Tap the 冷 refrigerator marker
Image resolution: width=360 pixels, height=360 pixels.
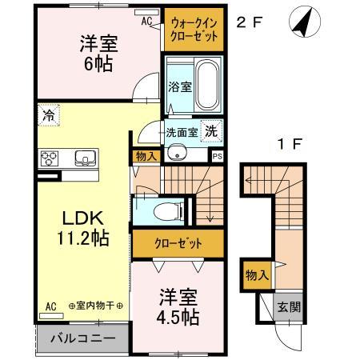(x=48, y=114)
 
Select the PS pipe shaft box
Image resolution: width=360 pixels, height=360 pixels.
(x=216, y=156)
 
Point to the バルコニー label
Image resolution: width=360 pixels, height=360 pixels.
(x=83, y=338)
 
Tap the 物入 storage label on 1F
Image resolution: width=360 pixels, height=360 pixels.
(x=256, y=275)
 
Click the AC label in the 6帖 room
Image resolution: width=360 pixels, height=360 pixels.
(x=147, y=22)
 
